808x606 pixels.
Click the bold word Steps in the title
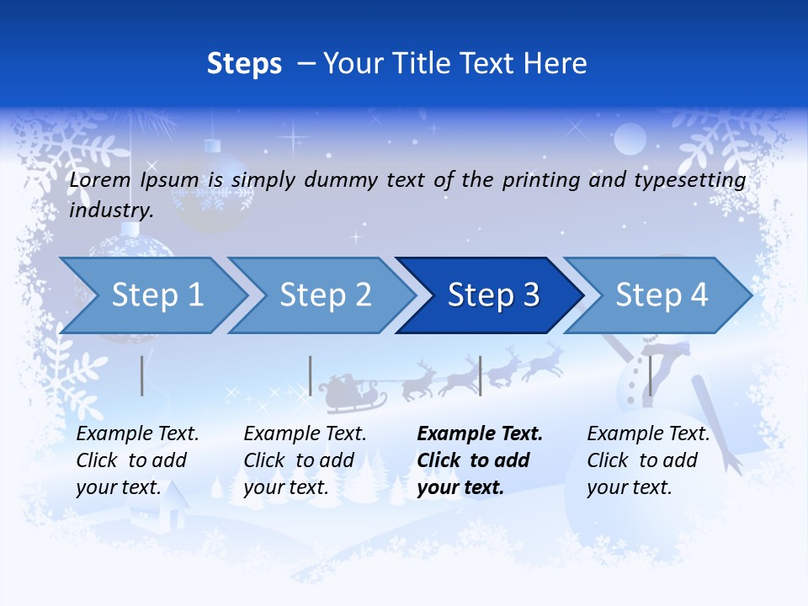tap(244, 64)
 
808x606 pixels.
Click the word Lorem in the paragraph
tap(100, 179)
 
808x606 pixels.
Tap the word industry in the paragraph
tap(110, 210)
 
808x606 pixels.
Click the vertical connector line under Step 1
tap(142, 375)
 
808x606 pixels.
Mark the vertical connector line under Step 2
tap(311, 375)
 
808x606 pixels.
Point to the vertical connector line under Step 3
tap(480, 375)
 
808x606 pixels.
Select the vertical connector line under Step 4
tap(650, 375)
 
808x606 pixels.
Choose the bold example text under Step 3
tap(479, 460)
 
